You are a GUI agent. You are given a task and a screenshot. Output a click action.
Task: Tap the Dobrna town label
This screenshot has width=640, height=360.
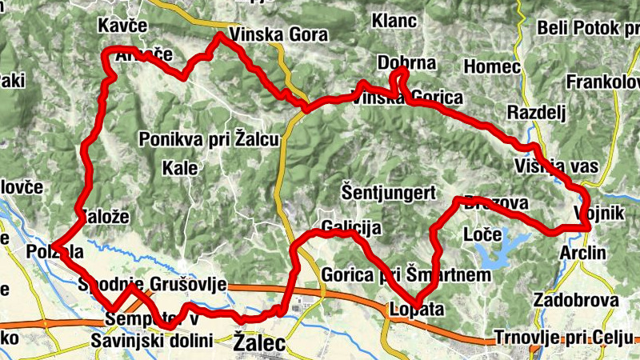[406, 63]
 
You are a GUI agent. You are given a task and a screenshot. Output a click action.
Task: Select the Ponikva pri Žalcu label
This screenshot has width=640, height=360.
[209, 139]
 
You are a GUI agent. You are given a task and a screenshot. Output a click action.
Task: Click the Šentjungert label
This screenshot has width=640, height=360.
[387, 192]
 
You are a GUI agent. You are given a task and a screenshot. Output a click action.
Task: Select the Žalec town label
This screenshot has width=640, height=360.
[258, 342]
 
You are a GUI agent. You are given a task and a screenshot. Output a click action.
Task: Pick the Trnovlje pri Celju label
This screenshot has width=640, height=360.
[564, 336]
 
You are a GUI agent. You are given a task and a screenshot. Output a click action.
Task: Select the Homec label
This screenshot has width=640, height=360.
[492, 66]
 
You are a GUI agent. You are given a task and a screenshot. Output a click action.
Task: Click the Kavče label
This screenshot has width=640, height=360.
[122, 26]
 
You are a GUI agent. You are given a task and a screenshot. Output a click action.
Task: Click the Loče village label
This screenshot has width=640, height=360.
[482, 235]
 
